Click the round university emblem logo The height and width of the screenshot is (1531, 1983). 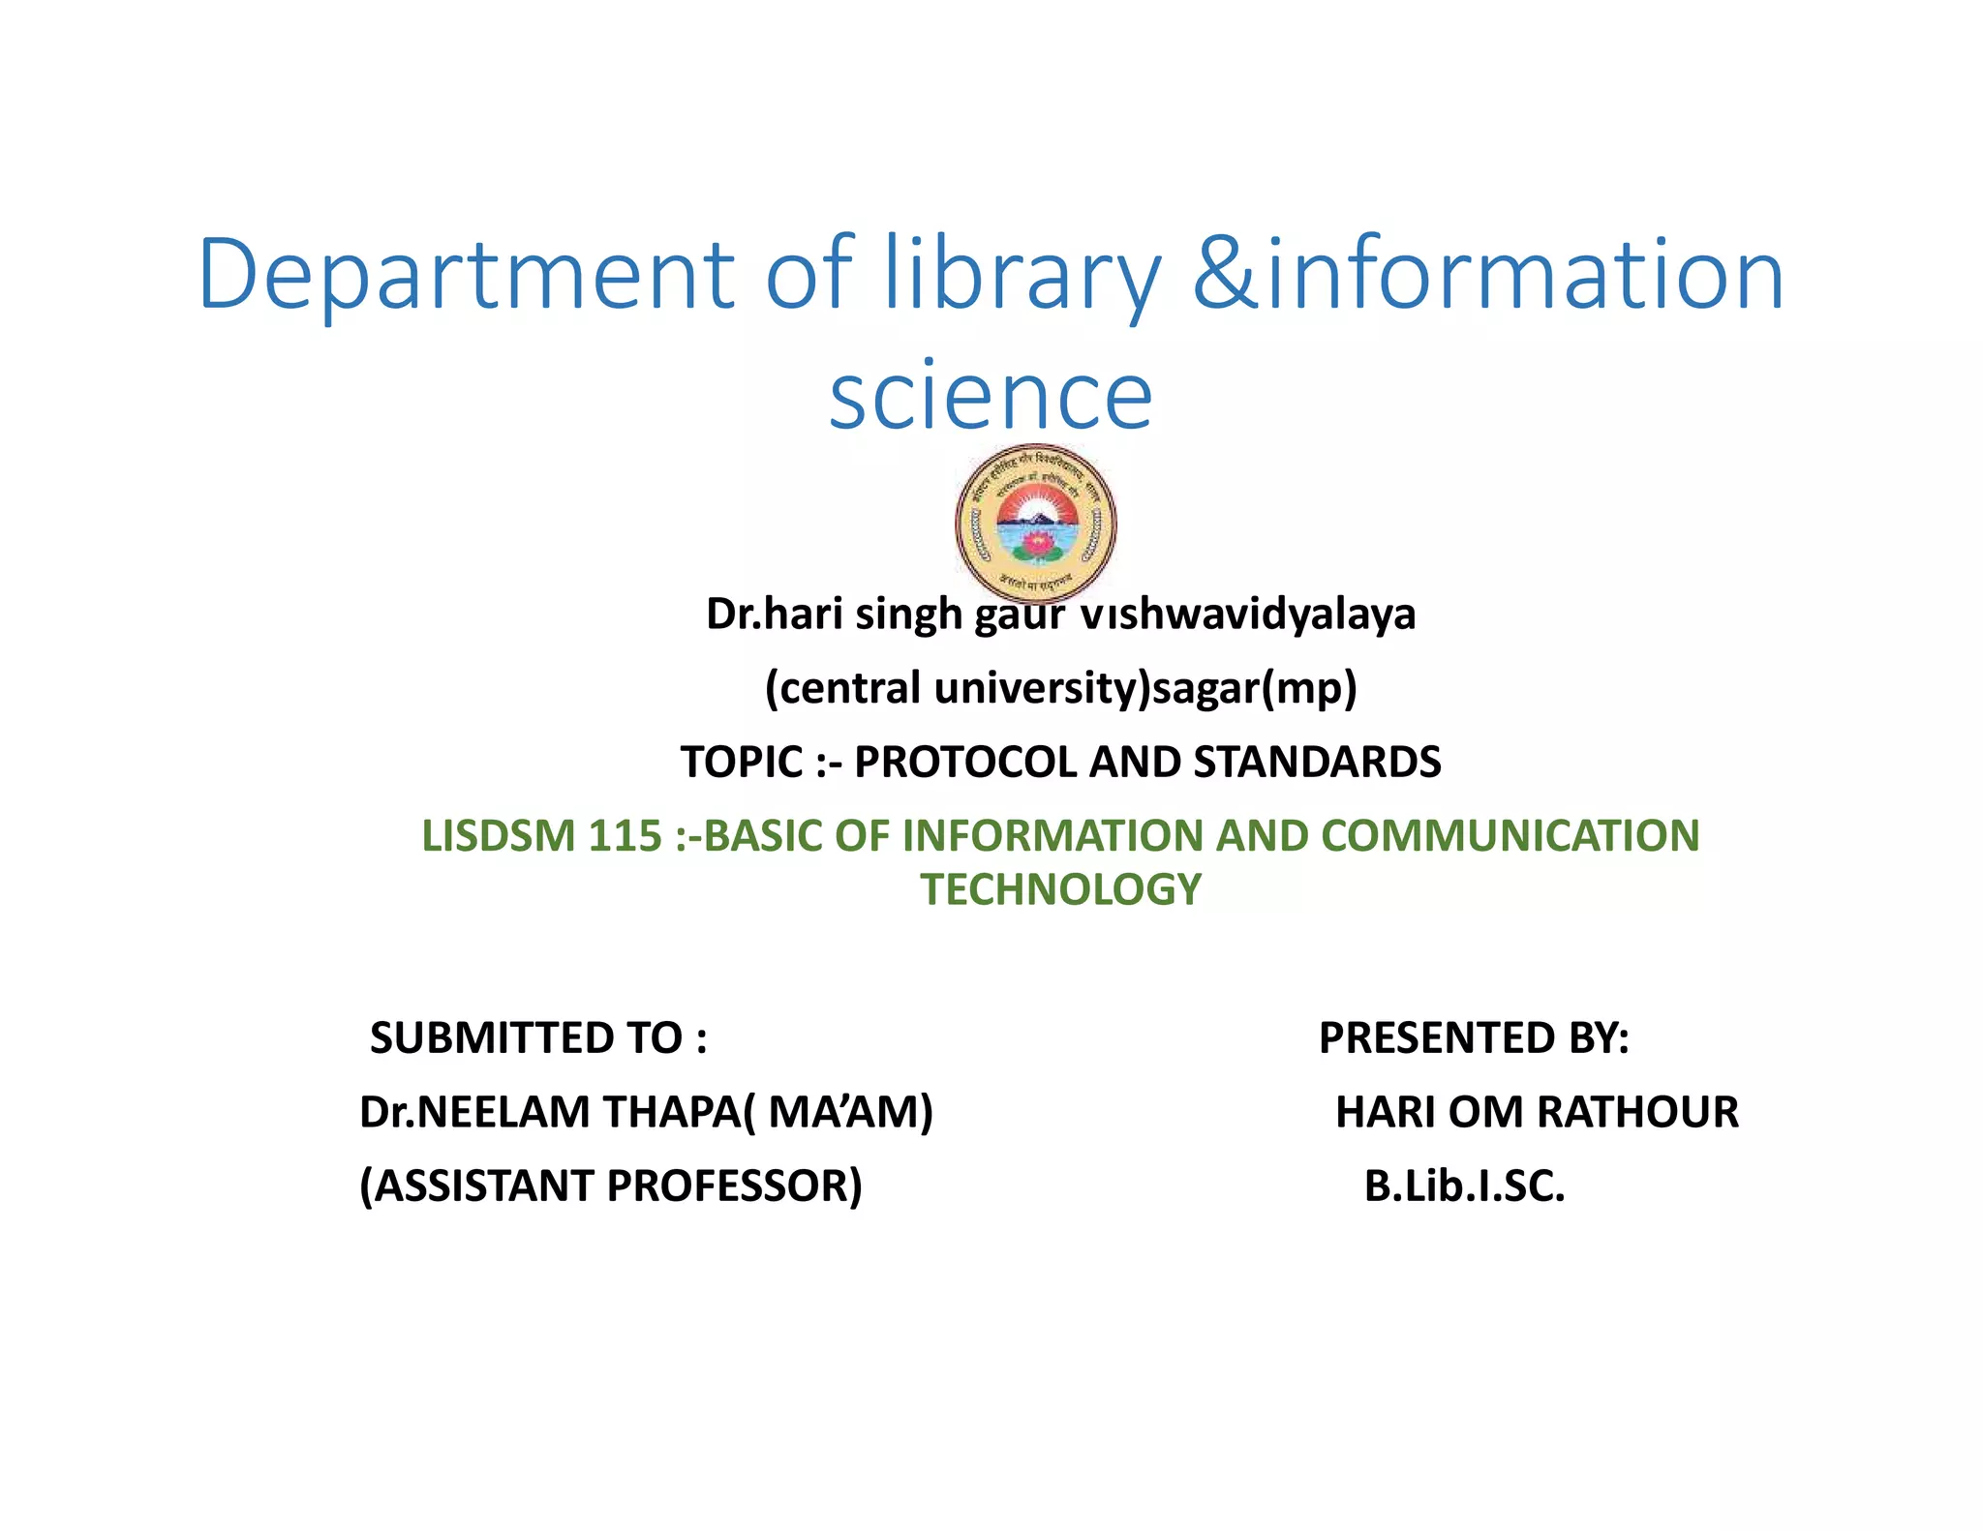click(1035, 524)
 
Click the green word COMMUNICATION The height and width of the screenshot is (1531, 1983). click(1510, 836)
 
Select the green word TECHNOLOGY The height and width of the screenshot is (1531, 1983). click(1060, 889)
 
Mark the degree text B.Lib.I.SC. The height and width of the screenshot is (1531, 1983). click(1464, 1186)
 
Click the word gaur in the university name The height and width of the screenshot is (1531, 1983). click(1019, 614)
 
